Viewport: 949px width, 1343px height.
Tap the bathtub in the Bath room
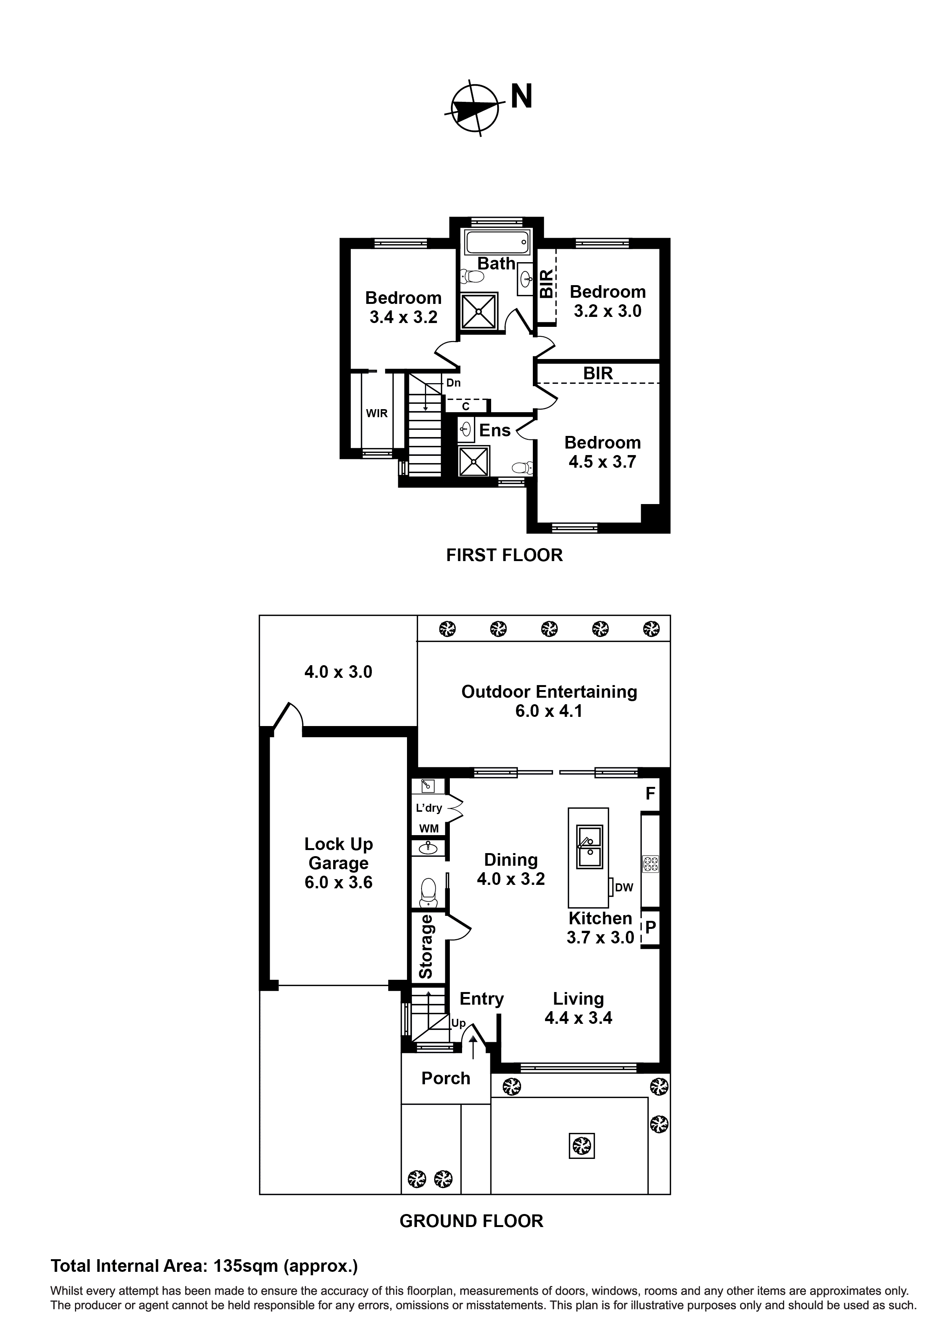[496, 240]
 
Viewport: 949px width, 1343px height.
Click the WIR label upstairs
[376, 414]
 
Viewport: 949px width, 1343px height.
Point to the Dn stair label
[453, 383]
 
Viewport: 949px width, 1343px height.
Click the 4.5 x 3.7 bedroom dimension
[602, 462]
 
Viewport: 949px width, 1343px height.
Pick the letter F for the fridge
[650, 794]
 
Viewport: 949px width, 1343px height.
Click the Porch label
[446, 1078]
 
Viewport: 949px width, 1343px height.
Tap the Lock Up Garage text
[339, 853]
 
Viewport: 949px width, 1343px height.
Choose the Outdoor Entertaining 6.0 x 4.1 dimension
[549, 711]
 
